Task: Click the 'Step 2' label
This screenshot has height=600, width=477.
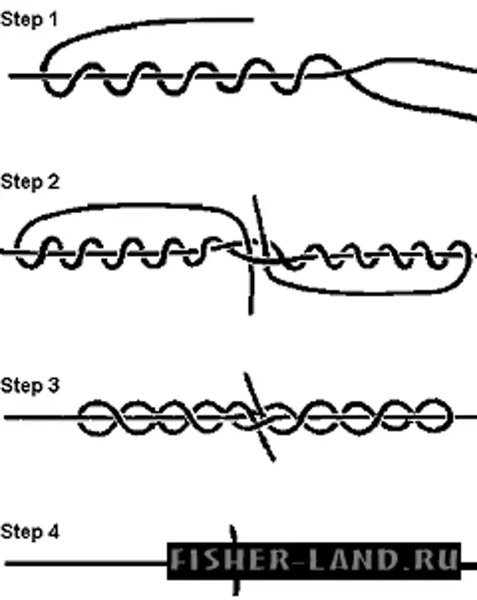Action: pos(30,182)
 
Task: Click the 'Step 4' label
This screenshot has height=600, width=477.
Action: pos(30,531)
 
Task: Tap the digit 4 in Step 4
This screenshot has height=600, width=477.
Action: pos(54,531)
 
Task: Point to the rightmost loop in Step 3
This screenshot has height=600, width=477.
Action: pos(436,418)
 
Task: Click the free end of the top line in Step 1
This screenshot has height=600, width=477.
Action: pos(252,18)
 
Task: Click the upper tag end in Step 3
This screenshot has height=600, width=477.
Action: pos(245,376)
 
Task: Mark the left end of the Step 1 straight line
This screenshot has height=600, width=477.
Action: pos(11,76)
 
